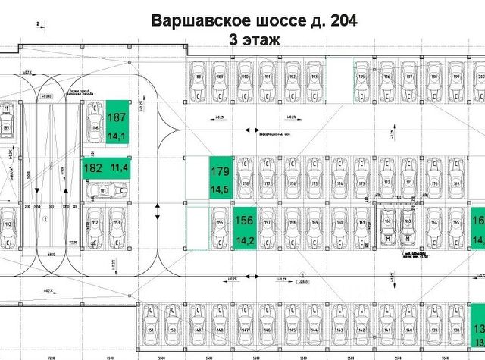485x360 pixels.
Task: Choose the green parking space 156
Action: click(x=245, y=227)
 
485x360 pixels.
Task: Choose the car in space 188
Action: click(x=198, y=84)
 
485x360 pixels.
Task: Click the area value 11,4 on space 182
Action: click(x=119, y=167)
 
